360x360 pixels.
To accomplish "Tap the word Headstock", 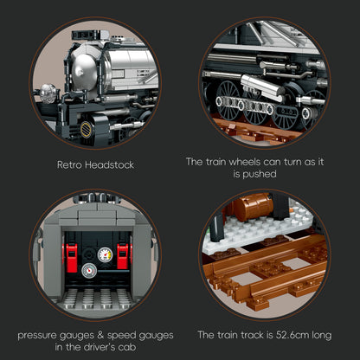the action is point(110,164).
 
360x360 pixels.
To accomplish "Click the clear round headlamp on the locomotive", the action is point(48,93).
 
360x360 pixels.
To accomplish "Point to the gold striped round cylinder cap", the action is point(86,129).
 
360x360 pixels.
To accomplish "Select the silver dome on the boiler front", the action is point(85,71).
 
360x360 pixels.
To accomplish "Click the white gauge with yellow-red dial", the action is point(105,254).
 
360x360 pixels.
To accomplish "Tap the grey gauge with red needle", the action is point(89,270).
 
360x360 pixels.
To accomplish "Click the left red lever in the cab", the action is point(71,257).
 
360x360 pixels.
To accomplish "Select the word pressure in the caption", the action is point(37,336).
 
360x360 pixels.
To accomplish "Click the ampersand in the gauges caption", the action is point(100,335).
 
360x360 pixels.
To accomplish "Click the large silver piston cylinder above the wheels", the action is point(262,87).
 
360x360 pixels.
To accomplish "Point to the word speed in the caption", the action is point(121,336).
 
